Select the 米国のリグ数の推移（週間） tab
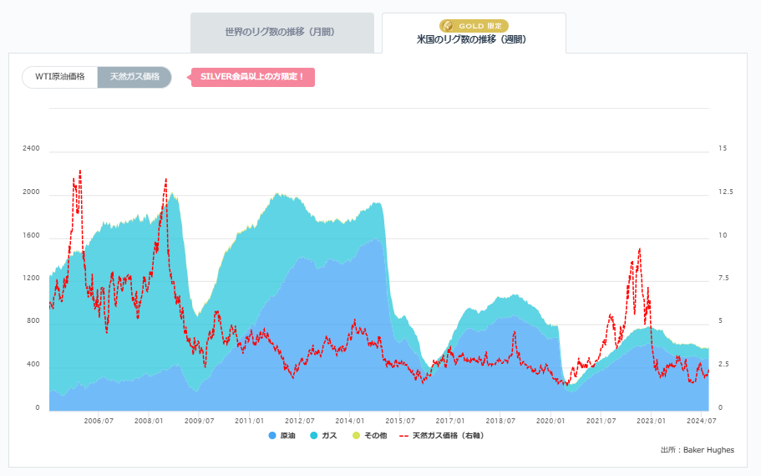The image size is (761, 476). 473,38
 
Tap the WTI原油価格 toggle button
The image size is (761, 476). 60,77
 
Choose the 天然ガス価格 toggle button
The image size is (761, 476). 134,77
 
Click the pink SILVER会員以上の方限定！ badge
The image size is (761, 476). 252,77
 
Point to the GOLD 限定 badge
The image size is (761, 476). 474,26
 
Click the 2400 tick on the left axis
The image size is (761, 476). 32,149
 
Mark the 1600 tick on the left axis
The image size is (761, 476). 32,236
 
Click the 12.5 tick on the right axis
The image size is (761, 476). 725,192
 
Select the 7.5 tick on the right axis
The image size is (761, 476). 723,279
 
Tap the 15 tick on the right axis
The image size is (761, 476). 723,149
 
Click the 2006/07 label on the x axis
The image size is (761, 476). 99,421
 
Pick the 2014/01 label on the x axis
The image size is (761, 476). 350,421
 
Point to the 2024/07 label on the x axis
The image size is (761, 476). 701,421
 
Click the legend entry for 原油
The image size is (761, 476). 282,436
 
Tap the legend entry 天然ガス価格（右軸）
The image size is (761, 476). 441,436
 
